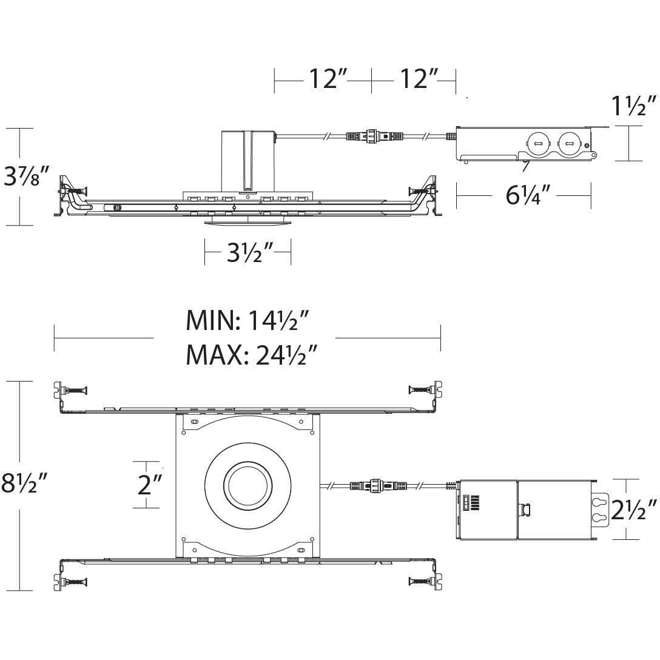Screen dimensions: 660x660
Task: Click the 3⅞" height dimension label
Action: click(x=25, y=177)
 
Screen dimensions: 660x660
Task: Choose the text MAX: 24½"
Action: click(x=252, y=355)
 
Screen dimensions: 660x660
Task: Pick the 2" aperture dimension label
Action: click(x=149, y=484)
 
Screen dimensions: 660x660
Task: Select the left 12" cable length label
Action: click(x=328, y=78)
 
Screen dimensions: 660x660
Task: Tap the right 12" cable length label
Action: click(x=419, y=78)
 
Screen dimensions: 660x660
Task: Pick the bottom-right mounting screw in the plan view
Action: click(x=419, y=582)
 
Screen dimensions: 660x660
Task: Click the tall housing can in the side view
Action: click(x=247, y=160)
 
